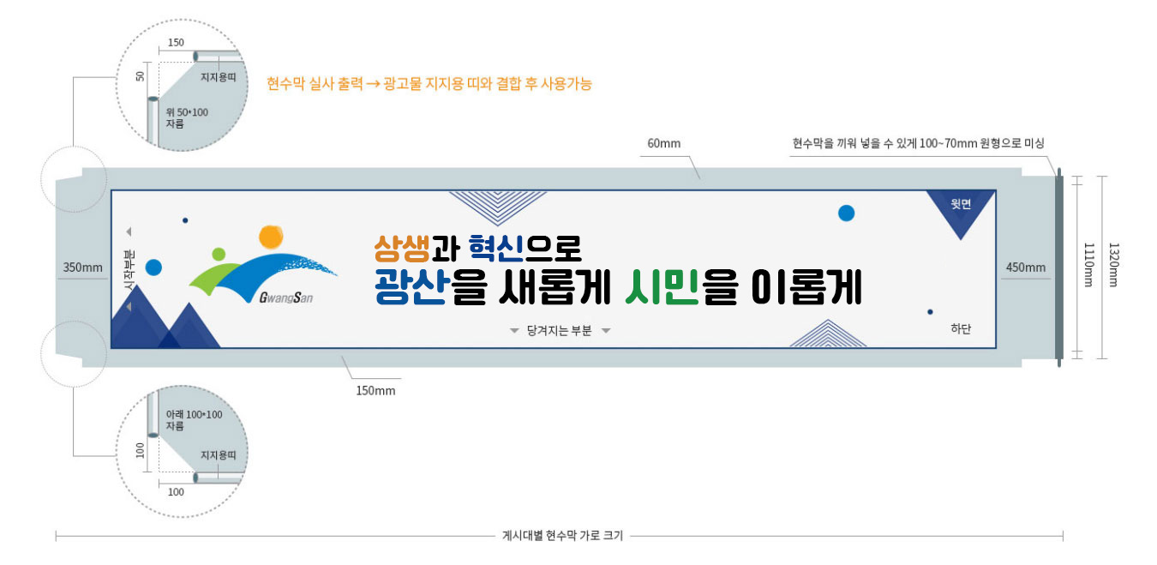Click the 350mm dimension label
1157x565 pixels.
82,267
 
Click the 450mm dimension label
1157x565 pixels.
1025,267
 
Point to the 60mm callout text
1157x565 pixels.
663,143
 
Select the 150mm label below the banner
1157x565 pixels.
375,391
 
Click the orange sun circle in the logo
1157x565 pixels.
271,236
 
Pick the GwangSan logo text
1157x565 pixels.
285,298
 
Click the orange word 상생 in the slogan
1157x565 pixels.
401,249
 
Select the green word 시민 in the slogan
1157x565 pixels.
659,288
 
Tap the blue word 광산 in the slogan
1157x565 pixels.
410,288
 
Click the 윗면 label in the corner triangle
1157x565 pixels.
961,204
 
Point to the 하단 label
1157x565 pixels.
961,329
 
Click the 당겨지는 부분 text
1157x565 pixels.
559,330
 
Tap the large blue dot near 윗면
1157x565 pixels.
846,213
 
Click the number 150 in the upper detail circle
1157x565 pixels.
176,43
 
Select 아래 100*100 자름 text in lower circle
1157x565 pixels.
193,420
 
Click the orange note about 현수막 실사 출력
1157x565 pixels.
429,84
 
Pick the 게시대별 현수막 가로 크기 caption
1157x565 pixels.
562,536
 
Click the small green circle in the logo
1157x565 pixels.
219,254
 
